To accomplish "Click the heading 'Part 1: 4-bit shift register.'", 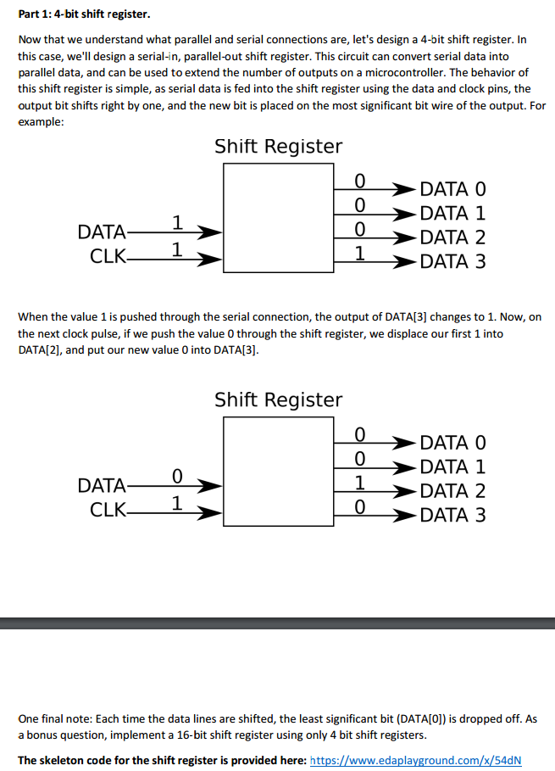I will click(77, 14).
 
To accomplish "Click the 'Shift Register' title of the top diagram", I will click(278, 146).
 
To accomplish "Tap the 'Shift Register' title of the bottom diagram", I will click(278, 399).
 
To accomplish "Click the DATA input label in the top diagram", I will click(100, 232).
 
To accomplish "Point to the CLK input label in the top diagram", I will click(106, 255).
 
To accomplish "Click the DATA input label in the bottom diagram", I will click(100, 485).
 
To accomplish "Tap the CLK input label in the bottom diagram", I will click(106, 509).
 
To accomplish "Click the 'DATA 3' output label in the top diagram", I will click(452, 261).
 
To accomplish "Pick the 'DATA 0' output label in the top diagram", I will click(452, 188).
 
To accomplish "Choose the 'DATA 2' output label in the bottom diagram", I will click(452, 490).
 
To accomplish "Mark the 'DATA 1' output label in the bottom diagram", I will click(452, 467).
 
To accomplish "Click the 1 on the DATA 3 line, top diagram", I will click(360, 252).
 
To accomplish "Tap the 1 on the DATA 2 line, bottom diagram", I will click(360, 483).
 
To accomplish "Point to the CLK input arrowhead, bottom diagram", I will click(211, 514).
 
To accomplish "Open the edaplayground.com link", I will click(417, 760).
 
